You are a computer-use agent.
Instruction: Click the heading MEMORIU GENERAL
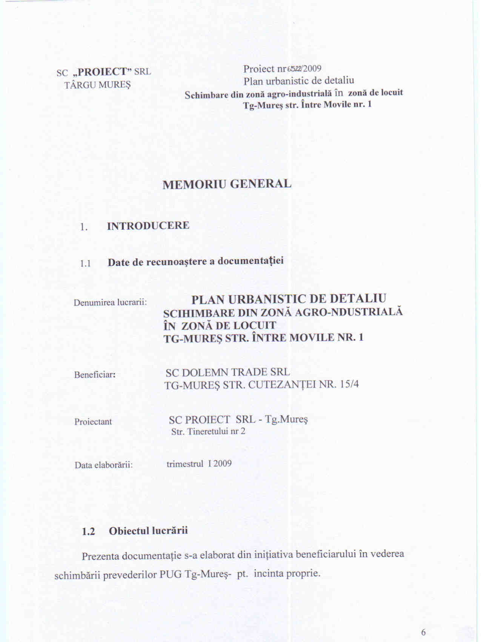tap(227, 184)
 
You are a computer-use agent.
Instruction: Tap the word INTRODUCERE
tap(148, 226)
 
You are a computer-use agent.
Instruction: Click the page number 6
tap(423, 632)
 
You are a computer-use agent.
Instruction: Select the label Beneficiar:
tap(95, 375)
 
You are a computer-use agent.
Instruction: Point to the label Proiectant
tap(93, 421)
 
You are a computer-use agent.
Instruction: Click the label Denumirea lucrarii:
tap(110, 302)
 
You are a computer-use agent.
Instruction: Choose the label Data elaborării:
tap(104, 465)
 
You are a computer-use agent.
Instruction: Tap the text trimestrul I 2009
tap(199, 464)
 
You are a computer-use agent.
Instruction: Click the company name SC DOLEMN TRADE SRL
tap(228, 372)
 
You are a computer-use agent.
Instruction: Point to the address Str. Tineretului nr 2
tap(208, 431)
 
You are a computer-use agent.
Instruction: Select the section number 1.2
tap(88, 532)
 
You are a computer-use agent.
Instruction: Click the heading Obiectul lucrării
tap(148, 531)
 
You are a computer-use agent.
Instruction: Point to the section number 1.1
tap(85, 263)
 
